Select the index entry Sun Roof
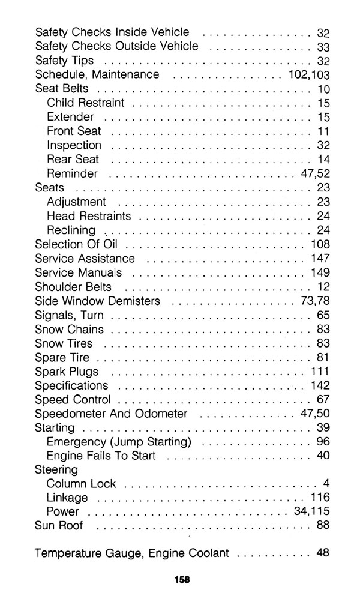(59, 526)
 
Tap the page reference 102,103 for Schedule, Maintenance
(305, 75)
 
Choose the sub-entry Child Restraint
(85, 103)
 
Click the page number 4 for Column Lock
(326, 484)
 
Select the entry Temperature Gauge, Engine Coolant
(132, 553)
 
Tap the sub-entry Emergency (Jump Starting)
(119, 442)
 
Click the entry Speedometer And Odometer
(112, 414)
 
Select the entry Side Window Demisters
(98, 301)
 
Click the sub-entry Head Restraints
(88, 216)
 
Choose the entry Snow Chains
(70, 330)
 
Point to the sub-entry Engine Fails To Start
(101, 456)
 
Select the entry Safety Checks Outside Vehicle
(116, 46)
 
